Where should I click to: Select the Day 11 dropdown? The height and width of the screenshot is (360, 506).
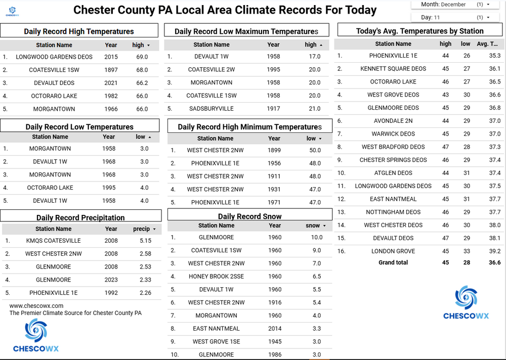(456, 17)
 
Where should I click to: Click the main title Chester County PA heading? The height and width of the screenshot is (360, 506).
(225, 10)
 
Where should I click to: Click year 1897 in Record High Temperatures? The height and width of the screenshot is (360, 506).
(111, 70)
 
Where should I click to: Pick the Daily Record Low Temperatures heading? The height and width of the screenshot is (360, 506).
(79, 127)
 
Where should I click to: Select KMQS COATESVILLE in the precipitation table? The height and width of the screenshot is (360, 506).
(53, 241)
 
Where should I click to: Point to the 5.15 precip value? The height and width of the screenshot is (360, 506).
(146, 241)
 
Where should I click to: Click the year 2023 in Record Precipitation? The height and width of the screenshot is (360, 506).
(111, 280)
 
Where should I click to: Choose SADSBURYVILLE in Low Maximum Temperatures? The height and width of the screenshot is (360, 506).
(212, 109)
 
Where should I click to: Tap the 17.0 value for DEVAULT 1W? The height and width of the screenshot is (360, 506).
(315, 57)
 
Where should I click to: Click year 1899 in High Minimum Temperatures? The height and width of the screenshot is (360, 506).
(274, 150)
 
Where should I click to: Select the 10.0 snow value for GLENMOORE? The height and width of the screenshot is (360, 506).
(317, 237)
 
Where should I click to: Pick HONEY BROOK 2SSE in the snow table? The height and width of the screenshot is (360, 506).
(216, 277)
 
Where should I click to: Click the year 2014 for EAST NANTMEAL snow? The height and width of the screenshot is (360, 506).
(275, 329)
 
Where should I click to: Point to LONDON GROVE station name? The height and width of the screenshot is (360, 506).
(393, 251)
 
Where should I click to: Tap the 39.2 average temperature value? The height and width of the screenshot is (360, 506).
(494, 251)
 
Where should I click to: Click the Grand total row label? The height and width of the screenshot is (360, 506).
(393, 263)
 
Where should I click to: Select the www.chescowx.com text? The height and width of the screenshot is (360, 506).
(36, 306)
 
